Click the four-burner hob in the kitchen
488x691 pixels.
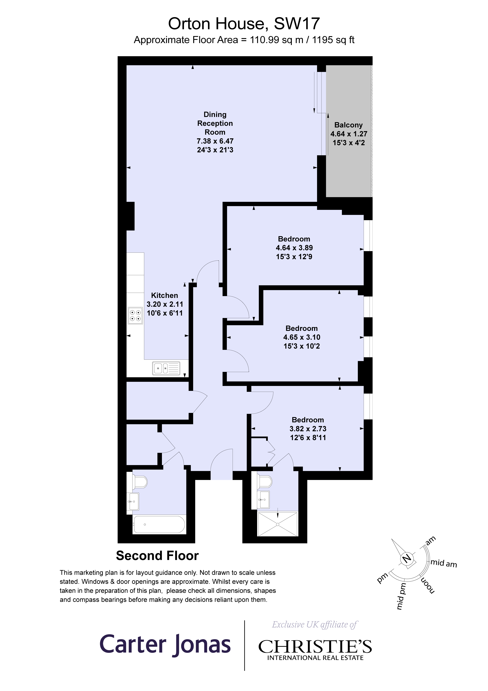click(x=135, y=315)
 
